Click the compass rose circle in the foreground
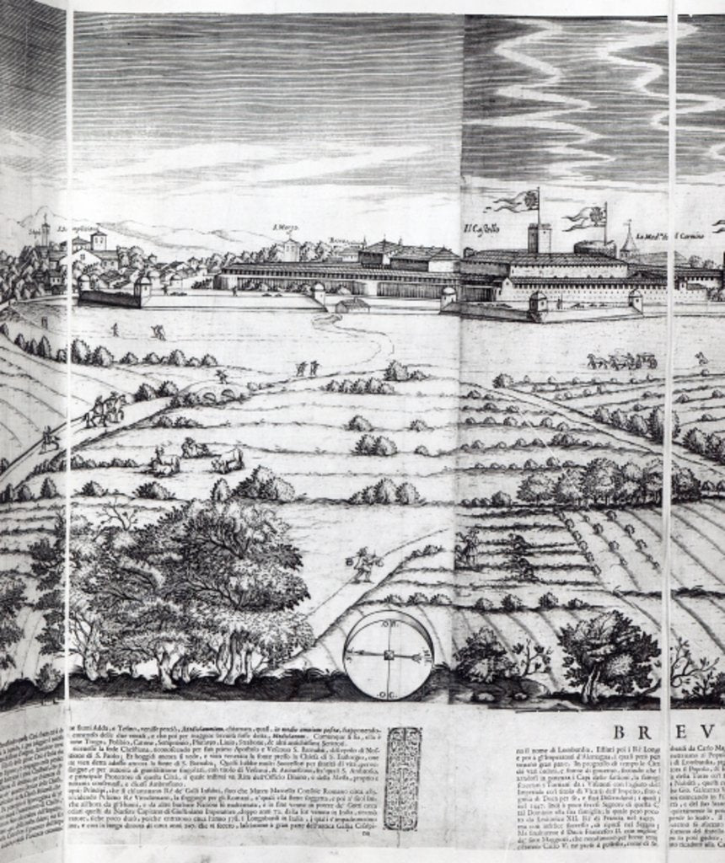(389, 654)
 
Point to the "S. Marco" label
(287, 228)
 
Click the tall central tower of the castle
(540, 238)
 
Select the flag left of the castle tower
(515, 201)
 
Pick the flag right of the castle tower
(588, 217)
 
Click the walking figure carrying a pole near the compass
(362, 563)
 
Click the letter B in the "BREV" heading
(620, 732)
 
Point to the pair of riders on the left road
(105, 410)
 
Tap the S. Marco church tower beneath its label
(290, 249)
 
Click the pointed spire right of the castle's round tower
(628, 241)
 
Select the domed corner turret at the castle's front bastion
(536, 302)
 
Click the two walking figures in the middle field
(307, 367)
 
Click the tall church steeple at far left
(45, 233)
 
